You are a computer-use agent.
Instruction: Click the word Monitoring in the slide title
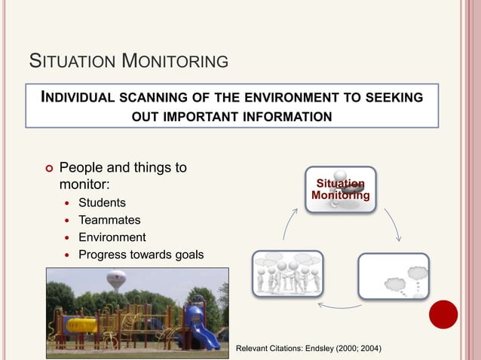coord(175,59)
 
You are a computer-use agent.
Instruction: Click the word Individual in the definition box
coord(74,98)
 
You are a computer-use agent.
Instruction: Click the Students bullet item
coord(102,203)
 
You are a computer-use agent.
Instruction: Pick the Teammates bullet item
coord(109,220)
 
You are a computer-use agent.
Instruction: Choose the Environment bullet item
coord(112,237)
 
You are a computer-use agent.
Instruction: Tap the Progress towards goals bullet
coord(141,255)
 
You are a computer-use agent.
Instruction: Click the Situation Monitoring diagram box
coord(341,190)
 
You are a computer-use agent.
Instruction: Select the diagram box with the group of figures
coord(287,273)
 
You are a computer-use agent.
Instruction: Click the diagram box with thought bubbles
coord(393,276)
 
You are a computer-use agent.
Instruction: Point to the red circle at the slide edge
coord(443,314)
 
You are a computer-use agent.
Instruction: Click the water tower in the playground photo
coord(116,280)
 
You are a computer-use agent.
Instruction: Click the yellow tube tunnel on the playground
coord(81,325)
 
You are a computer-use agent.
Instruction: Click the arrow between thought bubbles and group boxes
coord(340,305)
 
